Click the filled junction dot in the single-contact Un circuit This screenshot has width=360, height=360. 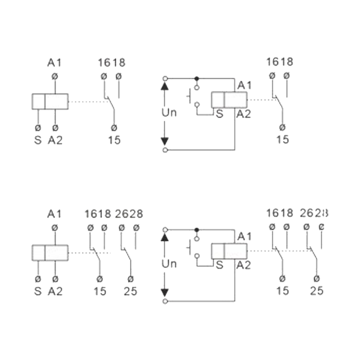click(196, 79)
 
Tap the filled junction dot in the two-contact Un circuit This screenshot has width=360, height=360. click(196, 229)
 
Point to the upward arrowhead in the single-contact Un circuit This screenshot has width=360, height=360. click(165, 86)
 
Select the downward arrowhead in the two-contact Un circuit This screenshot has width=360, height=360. click(165, 293)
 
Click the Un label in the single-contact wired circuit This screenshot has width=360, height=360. click(169, 113)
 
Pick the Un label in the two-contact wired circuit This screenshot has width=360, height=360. click(169, 264)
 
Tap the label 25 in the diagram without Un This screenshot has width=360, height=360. click(131, 291)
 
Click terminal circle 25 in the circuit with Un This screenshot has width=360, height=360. click(317, 279)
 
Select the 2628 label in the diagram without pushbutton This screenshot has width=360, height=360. click(129, 214)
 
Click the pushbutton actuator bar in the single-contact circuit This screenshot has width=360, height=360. click(190, 96)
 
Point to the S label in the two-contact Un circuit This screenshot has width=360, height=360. click(220, 265)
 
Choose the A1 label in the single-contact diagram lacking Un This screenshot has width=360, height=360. click(55, 62)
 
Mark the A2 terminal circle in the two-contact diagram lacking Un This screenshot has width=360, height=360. click(55, 279)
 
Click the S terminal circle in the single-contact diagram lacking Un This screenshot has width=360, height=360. click(38, 128)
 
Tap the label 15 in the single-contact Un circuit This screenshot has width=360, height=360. click(282, 139)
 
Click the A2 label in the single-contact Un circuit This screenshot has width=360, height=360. click(244, 114)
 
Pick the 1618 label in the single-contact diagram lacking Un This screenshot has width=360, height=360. click(112, 62)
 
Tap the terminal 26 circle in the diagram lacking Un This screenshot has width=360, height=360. click(122, 228)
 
